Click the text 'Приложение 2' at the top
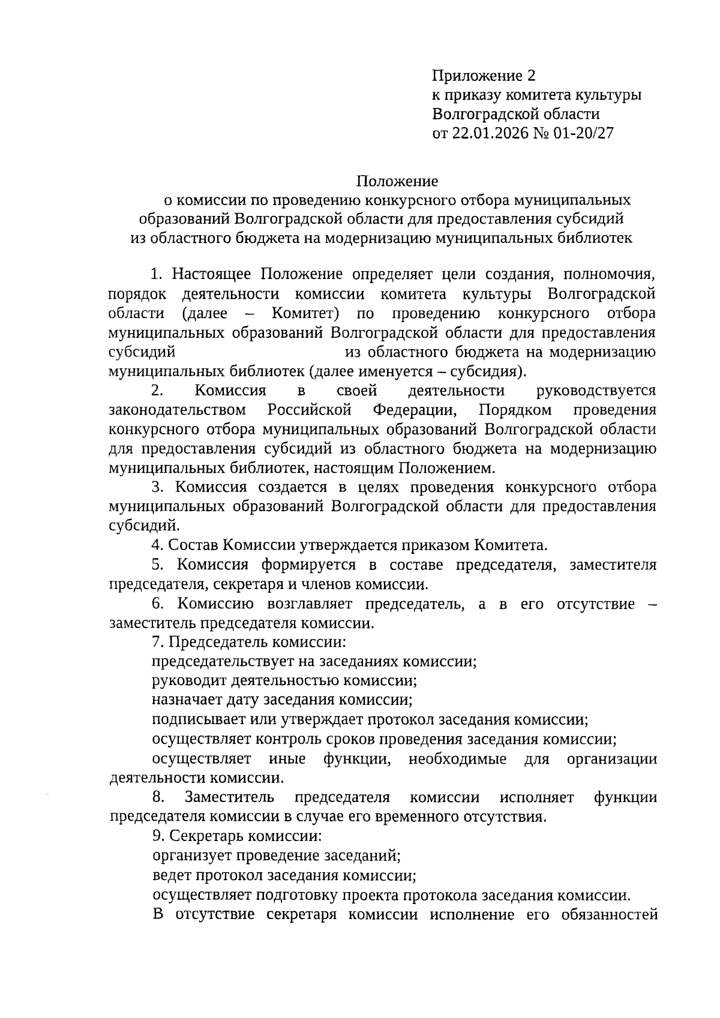482,76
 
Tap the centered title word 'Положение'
398,181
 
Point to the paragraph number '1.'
157,275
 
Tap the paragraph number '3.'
158,487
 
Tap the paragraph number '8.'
159,797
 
